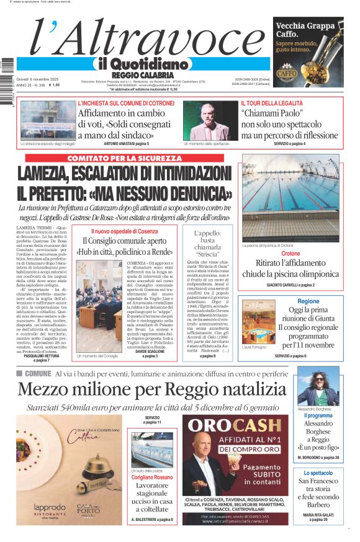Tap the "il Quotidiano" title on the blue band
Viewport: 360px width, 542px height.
coord(142,64)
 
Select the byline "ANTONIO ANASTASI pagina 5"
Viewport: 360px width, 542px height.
coord(127,144)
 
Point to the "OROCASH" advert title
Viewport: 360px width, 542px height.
coord(236,425)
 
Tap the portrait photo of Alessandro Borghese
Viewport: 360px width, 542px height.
coord(318,385)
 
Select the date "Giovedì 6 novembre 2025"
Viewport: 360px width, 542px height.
coord(41,79)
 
